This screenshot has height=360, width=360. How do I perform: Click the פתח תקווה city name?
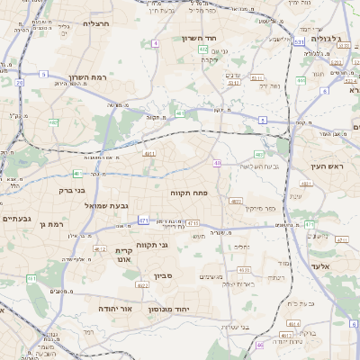[190, 193]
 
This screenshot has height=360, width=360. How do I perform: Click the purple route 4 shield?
[155, 43]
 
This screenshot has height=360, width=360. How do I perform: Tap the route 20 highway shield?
[19, 82]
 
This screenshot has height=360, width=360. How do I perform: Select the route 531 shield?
[298, 41]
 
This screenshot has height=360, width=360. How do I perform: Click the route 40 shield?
[217, 163]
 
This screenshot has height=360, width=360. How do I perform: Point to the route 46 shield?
[259, 345]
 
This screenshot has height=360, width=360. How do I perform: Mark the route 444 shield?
[301, 80]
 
